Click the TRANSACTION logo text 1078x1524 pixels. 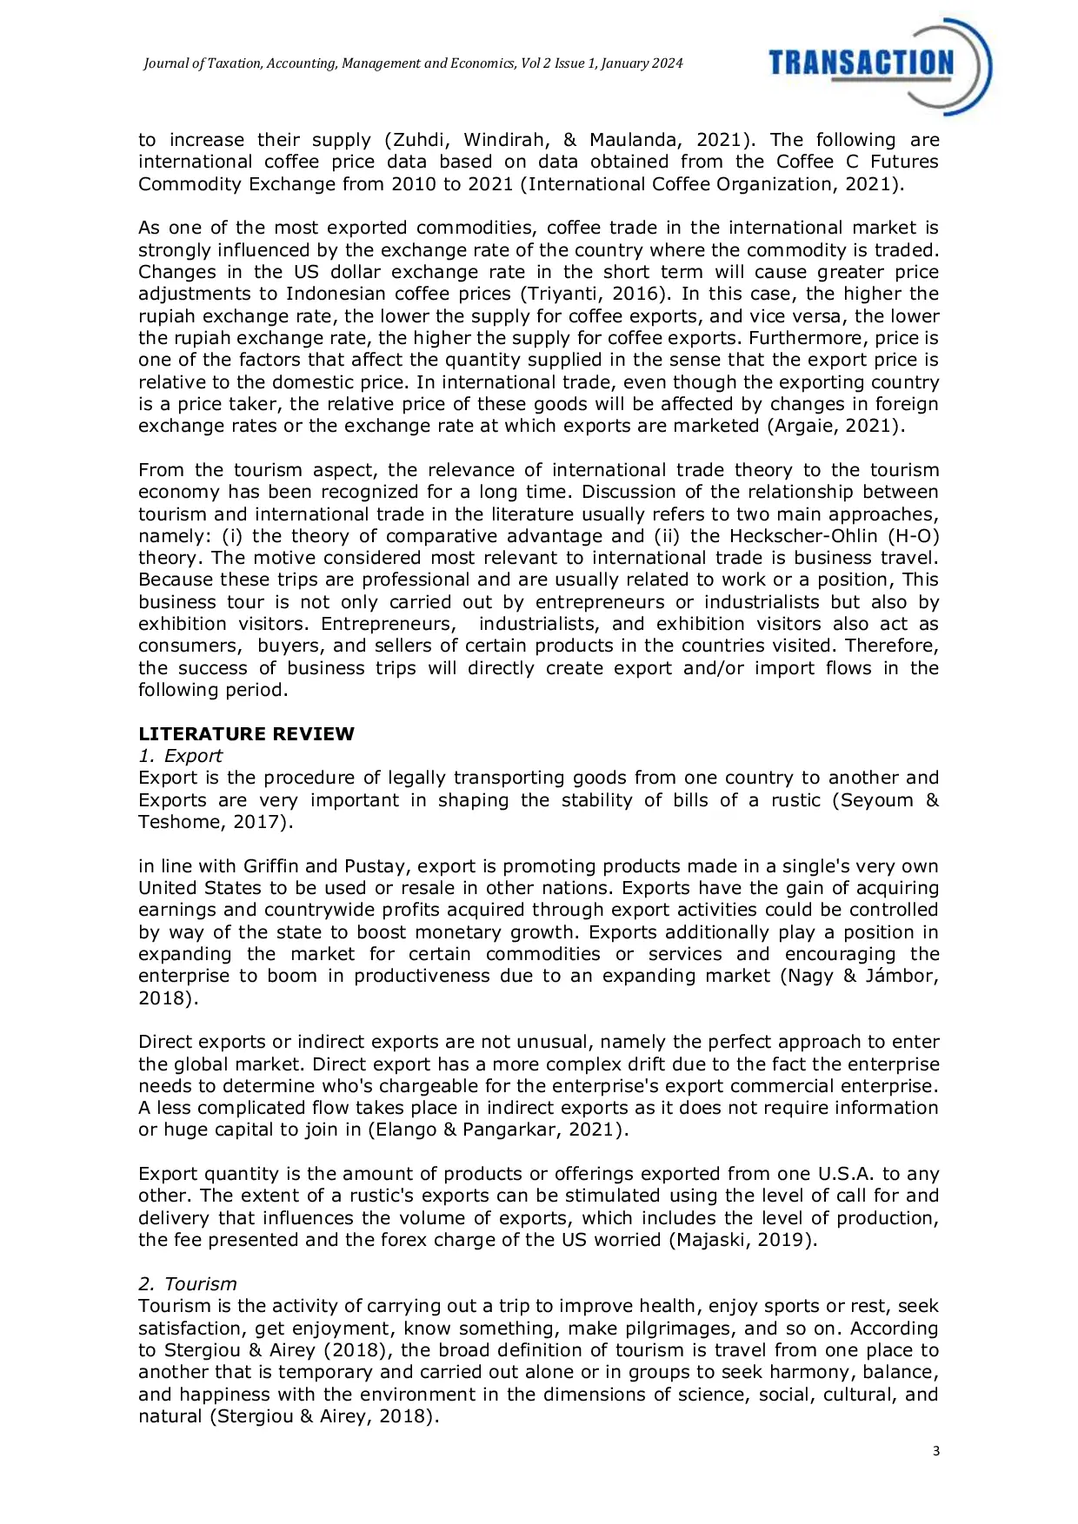(x=861, y=63)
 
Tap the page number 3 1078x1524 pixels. (x=935, y=1451)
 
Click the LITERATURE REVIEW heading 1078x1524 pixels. (x=246, y=733)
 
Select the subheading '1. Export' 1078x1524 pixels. (x=180, y=756)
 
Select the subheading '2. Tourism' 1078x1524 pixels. (x=187, y=1284)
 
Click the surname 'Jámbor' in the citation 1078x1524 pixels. (x=902, y=976)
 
